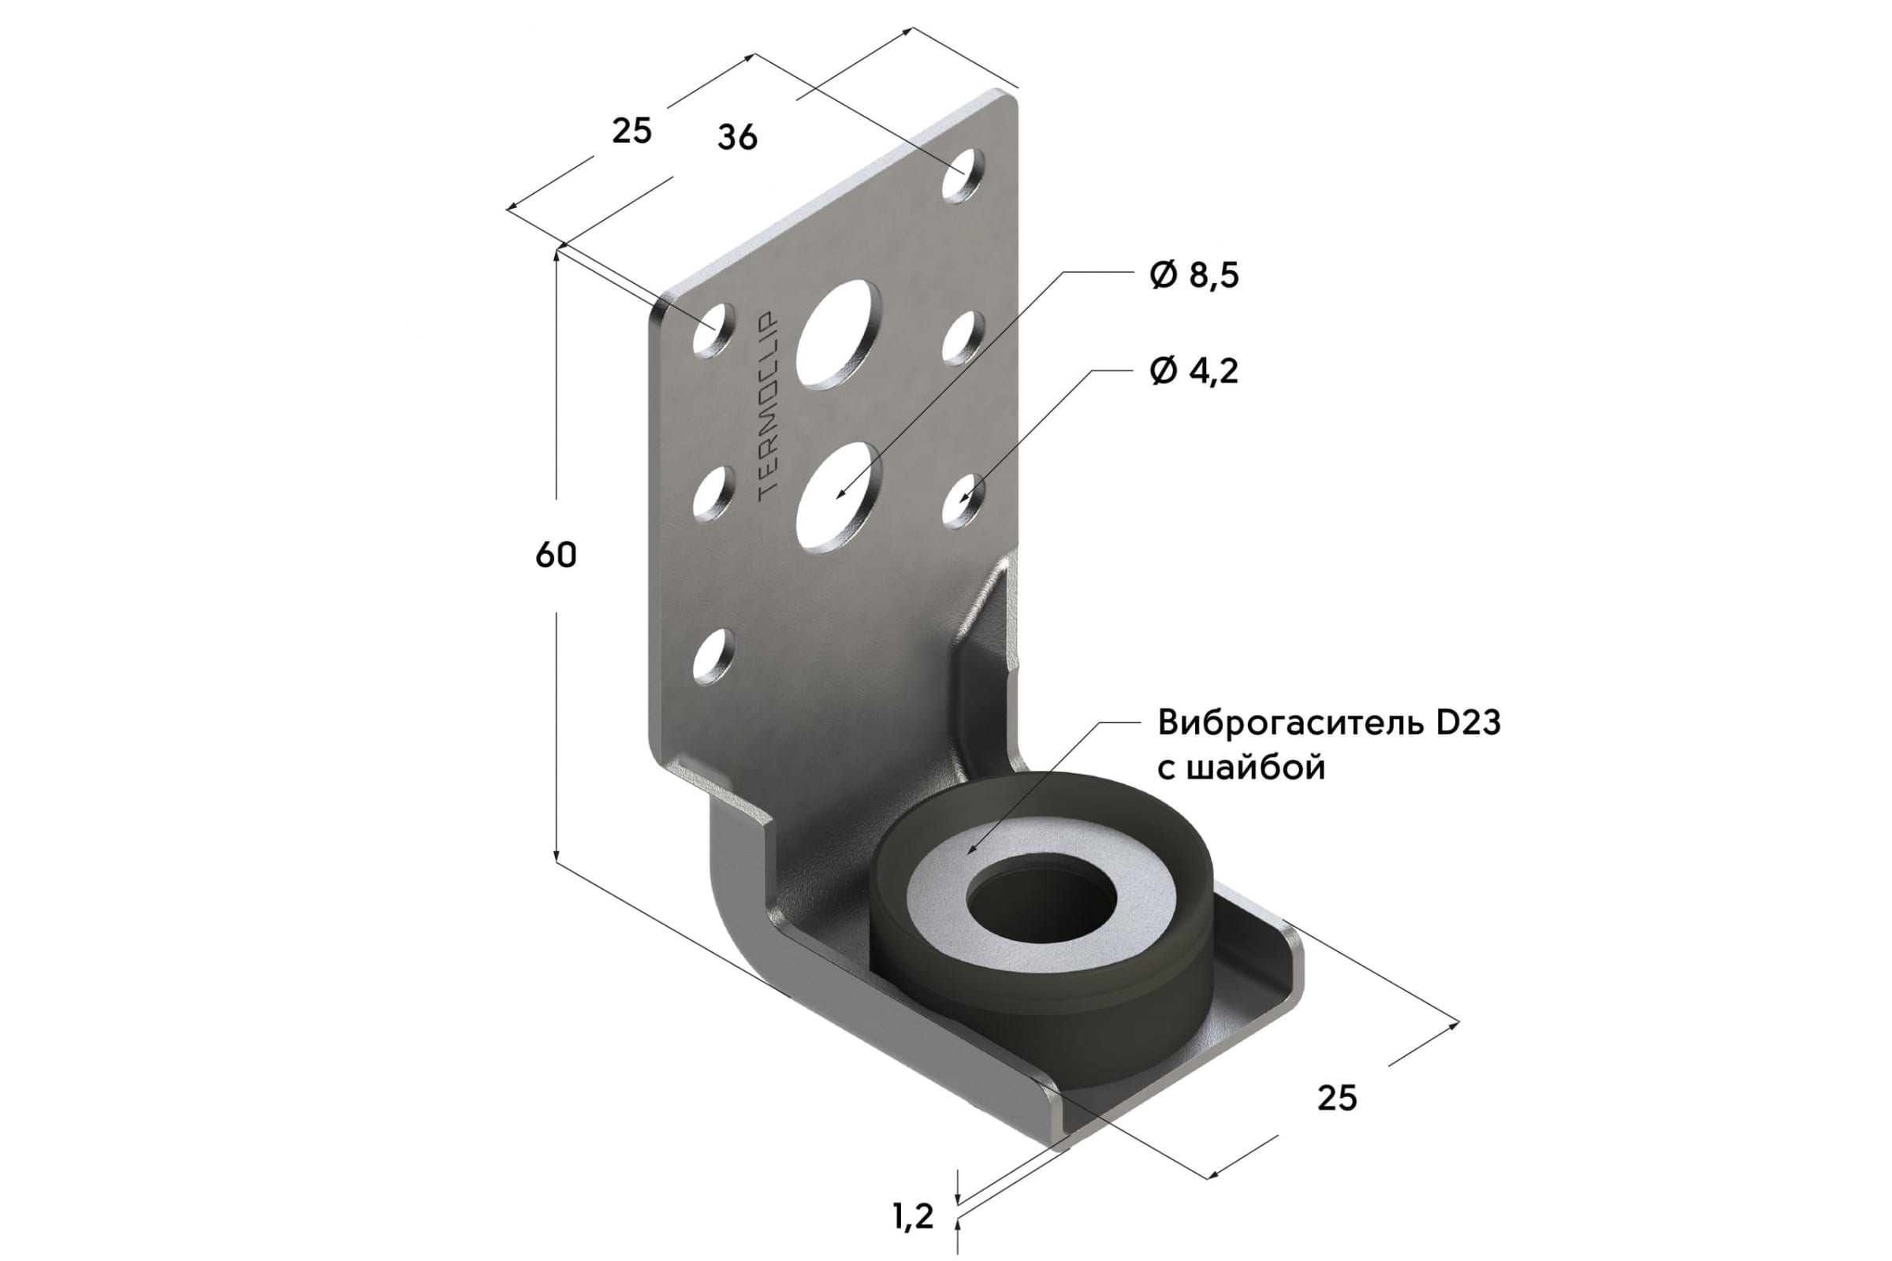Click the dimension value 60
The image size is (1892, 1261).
[x=556, y=556]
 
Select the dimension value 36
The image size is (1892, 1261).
[x=737, y=137]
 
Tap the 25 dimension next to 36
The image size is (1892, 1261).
[x=631, y=131]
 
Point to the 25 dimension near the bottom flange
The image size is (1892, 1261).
[x=1337, y=1098]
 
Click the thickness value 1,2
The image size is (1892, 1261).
[x=913, y=1216]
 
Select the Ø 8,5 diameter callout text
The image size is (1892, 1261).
[x=1194, y=276]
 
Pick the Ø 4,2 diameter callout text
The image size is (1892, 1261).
[x=1194, y=370]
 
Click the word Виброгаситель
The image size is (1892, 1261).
[x=1291, y=723]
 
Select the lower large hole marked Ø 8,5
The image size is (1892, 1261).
[x=838, y=499]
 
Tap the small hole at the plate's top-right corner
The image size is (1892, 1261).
[x=962, y=174]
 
